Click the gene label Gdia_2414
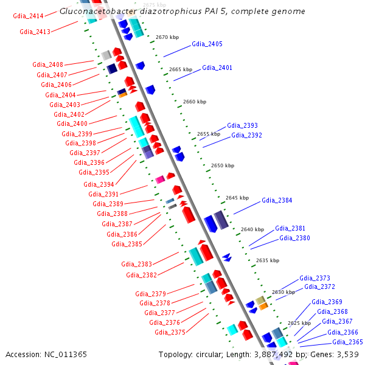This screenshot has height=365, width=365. point(28,16)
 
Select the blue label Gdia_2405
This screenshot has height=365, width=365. point(207,44)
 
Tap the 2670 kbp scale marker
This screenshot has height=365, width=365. point(167,37)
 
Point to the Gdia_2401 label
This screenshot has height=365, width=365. point(217,68)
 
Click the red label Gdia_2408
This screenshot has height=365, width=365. point(47,64)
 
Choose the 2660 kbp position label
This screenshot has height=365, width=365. point(195,102)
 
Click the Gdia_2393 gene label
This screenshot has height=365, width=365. point(242,125)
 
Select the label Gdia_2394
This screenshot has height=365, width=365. point(99,184)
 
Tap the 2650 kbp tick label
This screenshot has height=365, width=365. point(223,165)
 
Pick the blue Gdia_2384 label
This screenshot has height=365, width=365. point(277,200)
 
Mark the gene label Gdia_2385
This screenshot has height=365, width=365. point(127,244)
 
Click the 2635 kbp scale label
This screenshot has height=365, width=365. point(268,260)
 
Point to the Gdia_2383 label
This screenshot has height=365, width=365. point(137,264)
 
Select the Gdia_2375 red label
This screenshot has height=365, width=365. point(170,332)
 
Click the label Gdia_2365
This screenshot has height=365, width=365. point(347,342)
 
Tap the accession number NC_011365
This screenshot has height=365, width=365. point(66,355)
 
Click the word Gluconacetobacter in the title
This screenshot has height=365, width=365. point(98,12)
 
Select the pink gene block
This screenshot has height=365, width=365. point(160,179)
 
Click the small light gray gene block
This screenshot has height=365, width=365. point(106,55)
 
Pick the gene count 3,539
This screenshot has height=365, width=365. point(348,355)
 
